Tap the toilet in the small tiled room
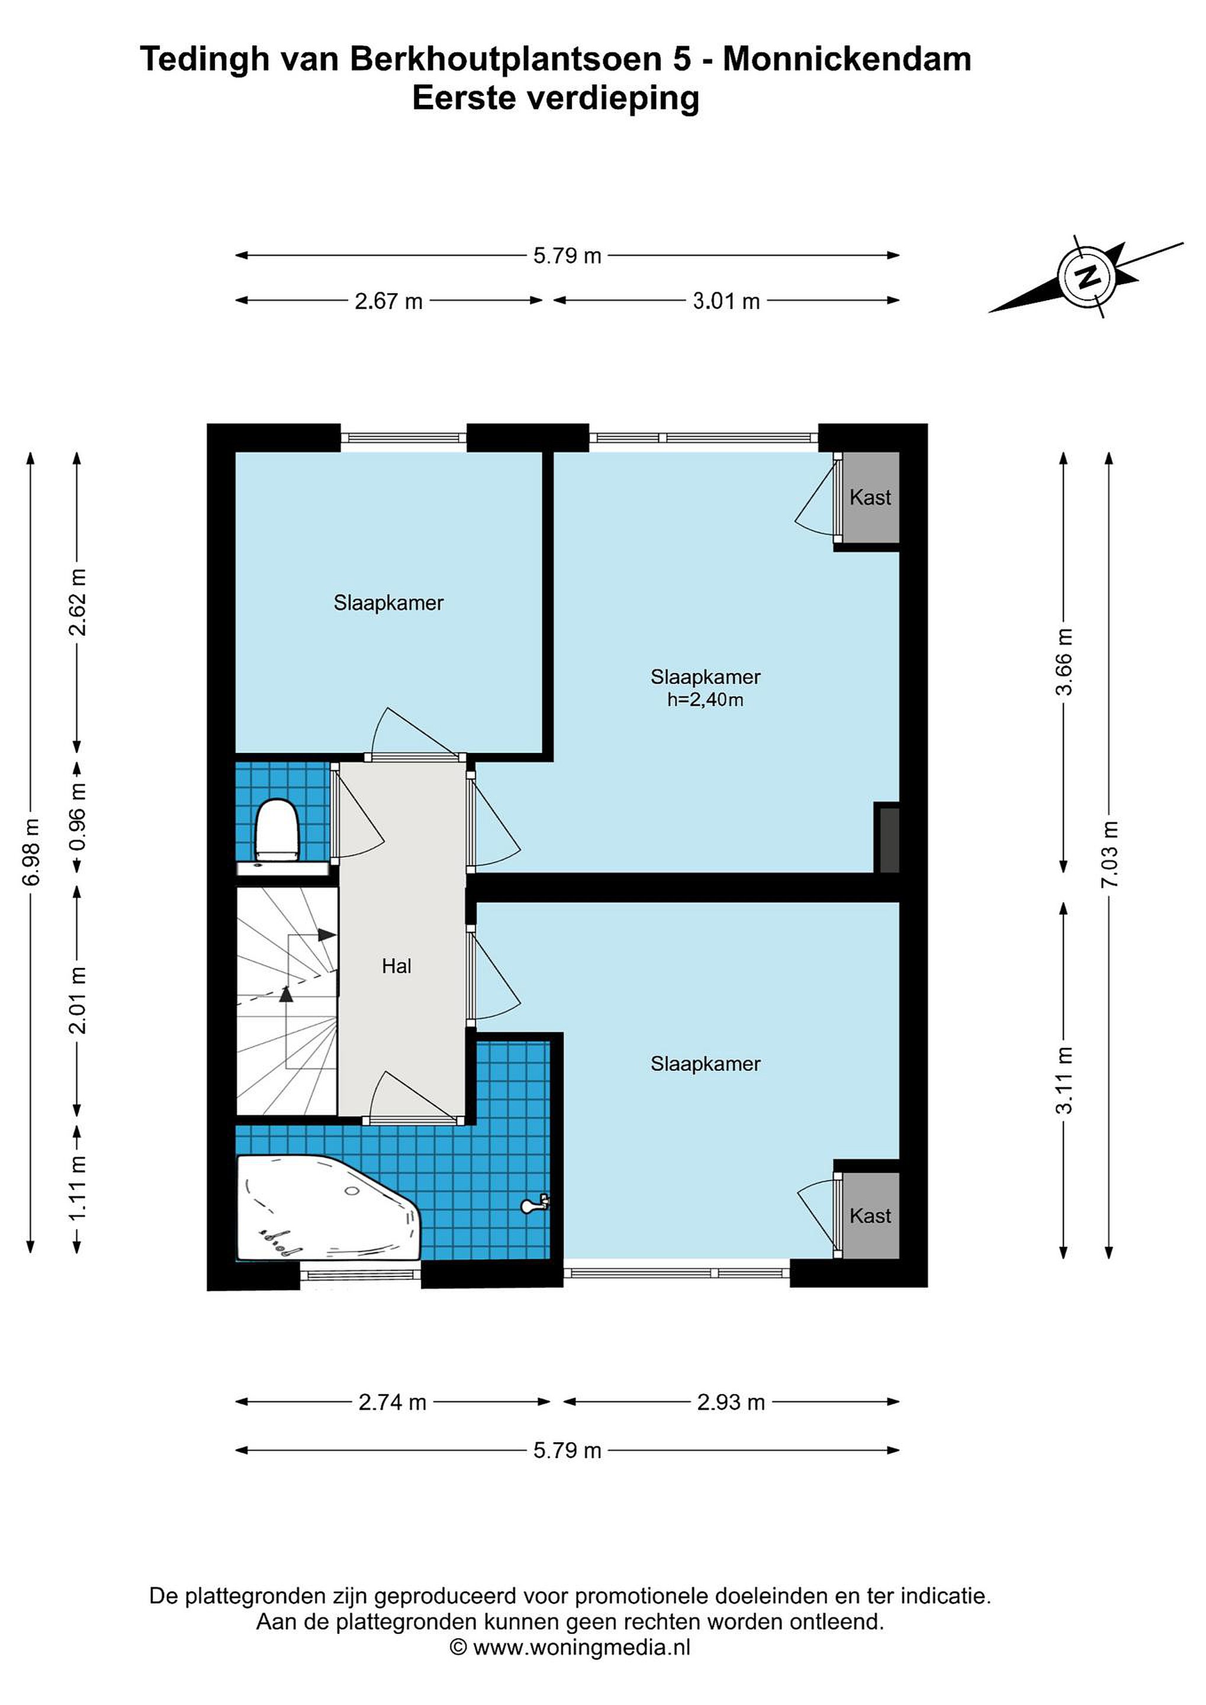click(x=277, y=829)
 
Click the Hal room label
click(x=397, y=966)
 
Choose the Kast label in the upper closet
click(x=870, y=497)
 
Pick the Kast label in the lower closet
click(x=870, y=1215)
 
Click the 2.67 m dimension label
click(x=388, y=301)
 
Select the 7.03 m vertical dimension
click(x=1109, y=854)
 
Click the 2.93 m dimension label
click(x=731, y=1402)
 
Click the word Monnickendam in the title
click(x=847, y=59)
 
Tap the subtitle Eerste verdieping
click(x=556, y=99)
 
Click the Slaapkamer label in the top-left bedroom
click(x=388, y=603)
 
